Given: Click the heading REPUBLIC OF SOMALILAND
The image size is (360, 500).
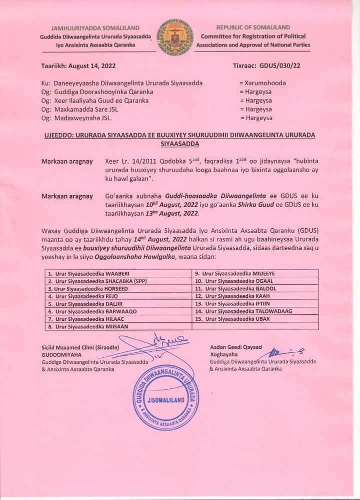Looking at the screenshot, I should tap(252, 27).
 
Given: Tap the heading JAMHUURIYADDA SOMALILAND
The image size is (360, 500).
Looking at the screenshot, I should tap(95, 28).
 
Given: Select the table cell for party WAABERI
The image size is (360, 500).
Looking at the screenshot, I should tap(118, 273).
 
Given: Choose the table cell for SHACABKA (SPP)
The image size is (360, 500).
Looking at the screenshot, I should tap(118, 281).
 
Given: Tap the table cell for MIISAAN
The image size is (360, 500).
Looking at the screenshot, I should tap(118, 326).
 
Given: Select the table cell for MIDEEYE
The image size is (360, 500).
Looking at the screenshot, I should tap(255, 273).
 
